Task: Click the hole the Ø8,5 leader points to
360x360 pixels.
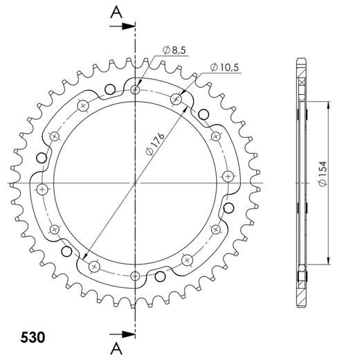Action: [135, 90]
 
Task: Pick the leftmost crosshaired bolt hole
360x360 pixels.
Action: [42, 189]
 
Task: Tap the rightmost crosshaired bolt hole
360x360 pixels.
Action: [226, 176]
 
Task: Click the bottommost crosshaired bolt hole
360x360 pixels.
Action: [95, 266]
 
